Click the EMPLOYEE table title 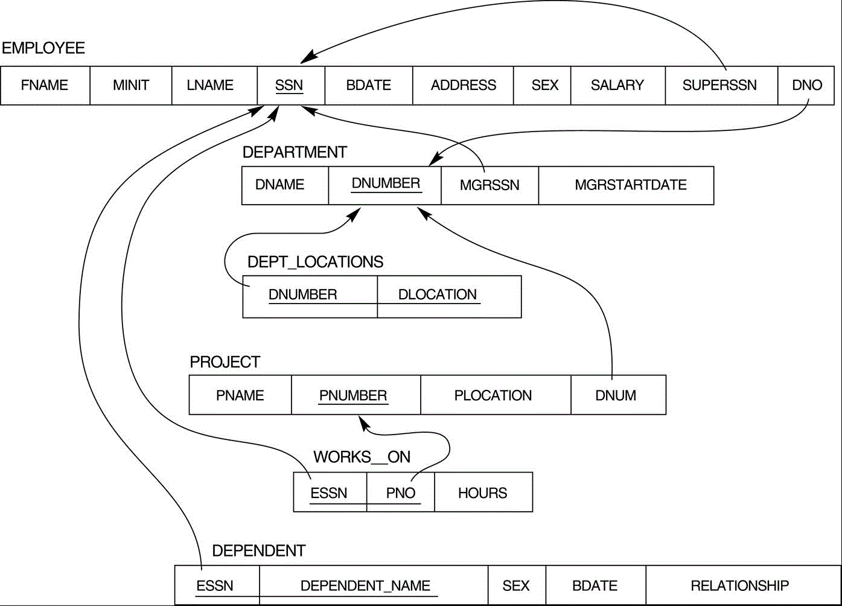point(43,48)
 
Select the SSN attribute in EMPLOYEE point(291,86)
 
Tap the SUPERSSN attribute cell point(721,86)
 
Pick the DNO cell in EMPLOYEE point(806,86)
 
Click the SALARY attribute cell point(618,86)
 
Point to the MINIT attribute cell point(131,86)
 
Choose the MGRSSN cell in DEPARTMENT point(490,186)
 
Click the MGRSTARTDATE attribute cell point(627,186)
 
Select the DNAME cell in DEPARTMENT point(285,186)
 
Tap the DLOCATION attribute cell point(449,296)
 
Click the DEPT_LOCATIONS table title point(316,262)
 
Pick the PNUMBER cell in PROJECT point(356,395)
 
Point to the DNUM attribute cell point(618,395)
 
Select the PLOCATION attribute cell point(496,395)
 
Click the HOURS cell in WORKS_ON point(483,492)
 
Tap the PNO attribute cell point(401,492)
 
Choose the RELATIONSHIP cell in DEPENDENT point(744,585)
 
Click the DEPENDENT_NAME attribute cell point(374,585)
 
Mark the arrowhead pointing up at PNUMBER point(363,423)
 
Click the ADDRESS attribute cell point(463,86)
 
